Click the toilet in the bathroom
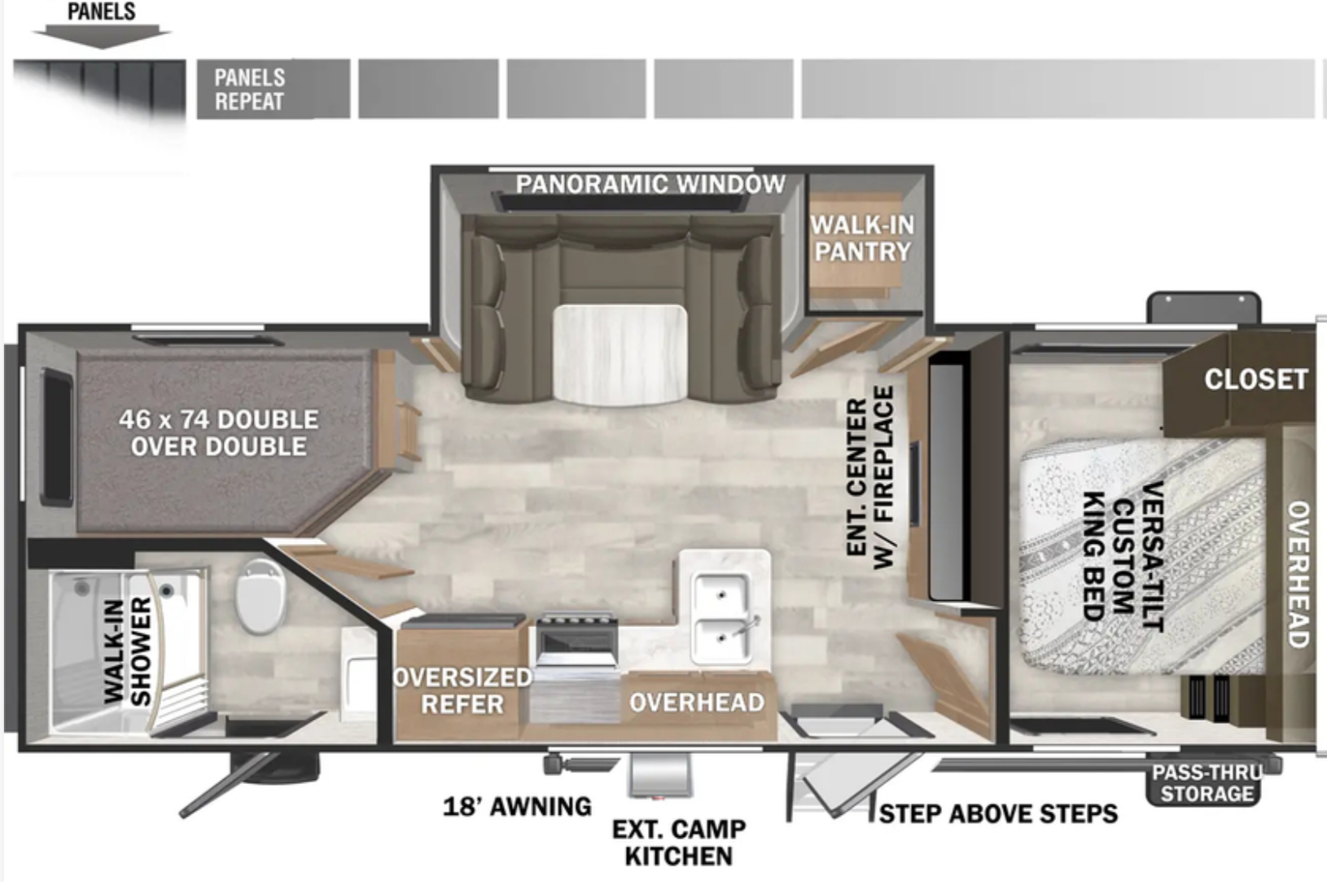coord(261,595)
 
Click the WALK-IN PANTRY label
coord(863,238)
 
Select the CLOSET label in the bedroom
coord(1256,379)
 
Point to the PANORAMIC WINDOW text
coord(650,184)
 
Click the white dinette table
coord(620,354)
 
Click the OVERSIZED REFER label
coord(462,690)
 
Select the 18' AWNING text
coord(517,806)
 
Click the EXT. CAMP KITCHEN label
coord(679,843)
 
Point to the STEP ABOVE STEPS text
coord(998,813)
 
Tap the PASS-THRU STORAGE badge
coord(1207,782)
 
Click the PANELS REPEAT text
coord(249,90)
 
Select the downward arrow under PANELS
coord(102,36)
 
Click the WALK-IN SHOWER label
coord(128,651)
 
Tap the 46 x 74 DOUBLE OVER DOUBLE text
coord(219,432)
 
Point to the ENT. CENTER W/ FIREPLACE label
coord(869,477)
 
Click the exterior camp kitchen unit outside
coord(660,775)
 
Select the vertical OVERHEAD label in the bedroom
coord(1298,575)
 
